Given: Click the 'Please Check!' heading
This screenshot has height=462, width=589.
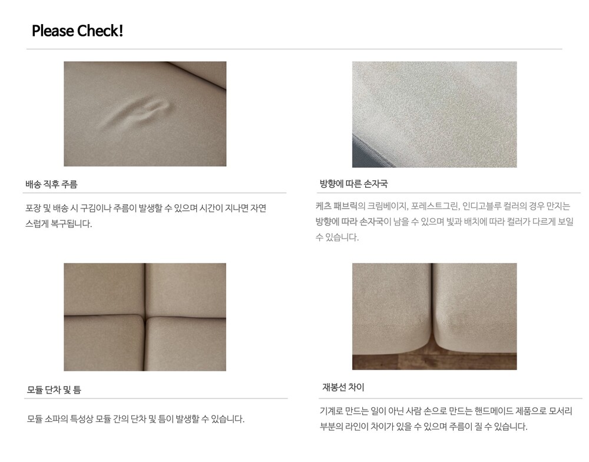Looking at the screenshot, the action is [x=77, y=31].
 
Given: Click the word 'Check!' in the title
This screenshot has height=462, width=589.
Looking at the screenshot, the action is [x=100, y=31].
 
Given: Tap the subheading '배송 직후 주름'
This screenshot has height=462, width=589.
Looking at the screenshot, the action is [x=51, y=184].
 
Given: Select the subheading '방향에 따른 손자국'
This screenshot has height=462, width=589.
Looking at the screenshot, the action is [x=353, y=184].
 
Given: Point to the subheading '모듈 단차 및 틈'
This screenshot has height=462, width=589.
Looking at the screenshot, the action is [x=54, y=390].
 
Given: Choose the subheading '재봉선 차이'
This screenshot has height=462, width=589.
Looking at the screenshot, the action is [x=343, y=387].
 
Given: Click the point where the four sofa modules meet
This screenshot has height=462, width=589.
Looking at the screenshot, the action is [x=145, y=317].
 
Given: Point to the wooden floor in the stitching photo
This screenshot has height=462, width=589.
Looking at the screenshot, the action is [x=434, y=361].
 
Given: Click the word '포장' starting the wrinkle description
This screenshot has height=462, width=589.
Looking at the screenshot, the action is [x=33, y=208].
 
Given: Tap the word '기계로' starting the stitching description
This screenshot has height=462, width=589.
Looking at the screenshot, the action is [x=331, y=411].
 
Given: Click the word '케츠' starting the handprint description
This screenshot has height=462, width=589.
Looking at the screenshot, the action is [x=323, y=206].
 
